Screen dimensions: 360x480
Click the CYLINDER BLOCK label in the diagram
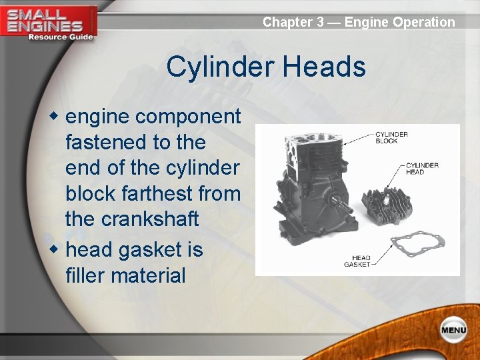(x=391, y=137)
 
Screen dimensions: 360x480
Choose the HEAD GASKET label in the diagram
(x=357, y=261)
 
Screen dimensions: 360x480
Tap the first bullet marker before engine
(x=57, y=117)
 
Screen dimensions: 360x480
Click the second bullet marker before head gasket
(x=57, y=250)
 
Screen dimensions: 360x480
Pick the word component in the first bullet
(x=187, y=117)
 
